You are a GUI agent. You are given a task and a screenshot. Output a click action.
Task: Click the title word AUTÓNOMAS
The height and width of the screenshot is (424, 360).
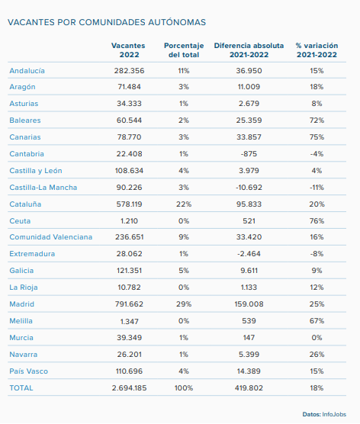click(x=177, y=22)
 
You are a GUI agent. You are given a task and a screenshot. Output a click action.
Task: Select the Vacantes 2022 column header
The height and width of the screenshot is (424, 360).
click(x=128, y=50)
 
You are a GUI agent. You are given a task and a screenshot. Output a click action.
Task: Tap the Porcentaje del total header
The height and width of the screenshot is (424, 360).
click(x=184, y=50)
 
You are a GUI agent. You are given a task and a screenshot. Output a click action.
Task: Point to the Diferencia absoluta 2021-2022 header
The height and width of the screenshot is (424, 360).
click(x=249, y=50)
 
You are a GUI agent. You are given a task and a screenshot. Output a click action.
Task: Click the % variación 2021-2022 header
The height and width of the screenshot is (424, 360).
click(x=317, y=50)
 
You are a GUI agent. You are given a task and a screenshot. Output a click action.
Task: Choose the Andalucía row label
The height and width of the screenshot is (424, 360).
click(x=27, y=71)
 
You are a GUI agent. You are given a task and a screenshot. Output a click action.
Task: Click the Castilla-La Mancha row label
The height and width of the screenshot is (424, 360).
click(x=43, y=188)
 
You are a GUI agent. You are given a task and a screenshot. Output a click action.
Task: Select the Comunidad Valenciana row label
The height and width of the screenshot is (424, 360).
click(x=51, y=237)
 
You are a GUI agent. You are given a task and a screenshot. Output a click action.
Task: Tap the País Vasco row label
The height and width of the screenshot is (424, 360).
click(x=29, y=371)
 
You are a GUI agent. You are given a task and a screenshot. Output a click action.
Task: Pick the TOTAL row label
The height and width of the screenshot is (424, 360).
click(x=21, y=388)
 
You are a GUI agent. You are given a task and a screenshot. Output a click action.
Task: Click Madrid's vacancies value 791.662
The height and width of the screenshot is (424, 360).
click(x=130, y=304)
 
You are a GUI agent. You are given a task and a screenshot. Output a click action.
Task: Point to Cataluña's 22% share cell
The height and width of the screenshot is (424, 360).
click(x=184, y=204)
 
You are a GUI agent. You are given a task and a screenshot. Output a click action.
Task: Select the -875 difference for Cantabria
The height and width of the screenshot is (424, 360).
click(x=249, y=154)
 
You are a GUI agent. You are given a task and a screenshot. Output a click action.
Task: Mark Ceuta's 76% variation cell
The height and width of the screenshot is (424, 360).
click(x=317, y=221)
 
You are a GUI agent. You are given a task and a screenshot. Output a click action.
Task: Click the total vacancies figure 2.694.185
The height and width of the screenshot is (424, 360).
click(x=130, y=388)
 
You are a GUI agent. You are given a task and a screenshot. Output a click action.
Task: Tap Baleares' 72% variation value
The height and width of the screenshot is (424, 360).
click(x=317, y=120)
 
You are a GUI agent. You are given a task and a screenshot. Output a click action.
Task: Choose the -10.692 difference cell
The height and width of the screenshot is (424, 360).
click(x=249, y=188)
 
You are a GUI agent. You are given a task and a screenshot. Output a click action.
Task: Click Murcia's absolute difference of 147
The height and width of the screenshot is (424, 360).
click(x=249, y=338)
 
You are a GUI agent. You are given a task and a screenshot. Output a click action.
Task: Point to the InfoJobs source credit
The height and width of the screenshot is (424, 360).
click(x=334, y=414)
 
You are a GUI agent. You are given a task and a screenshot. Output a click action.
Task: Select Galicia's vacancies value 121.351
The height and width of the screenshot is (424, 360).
click(x=130, y=271)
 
